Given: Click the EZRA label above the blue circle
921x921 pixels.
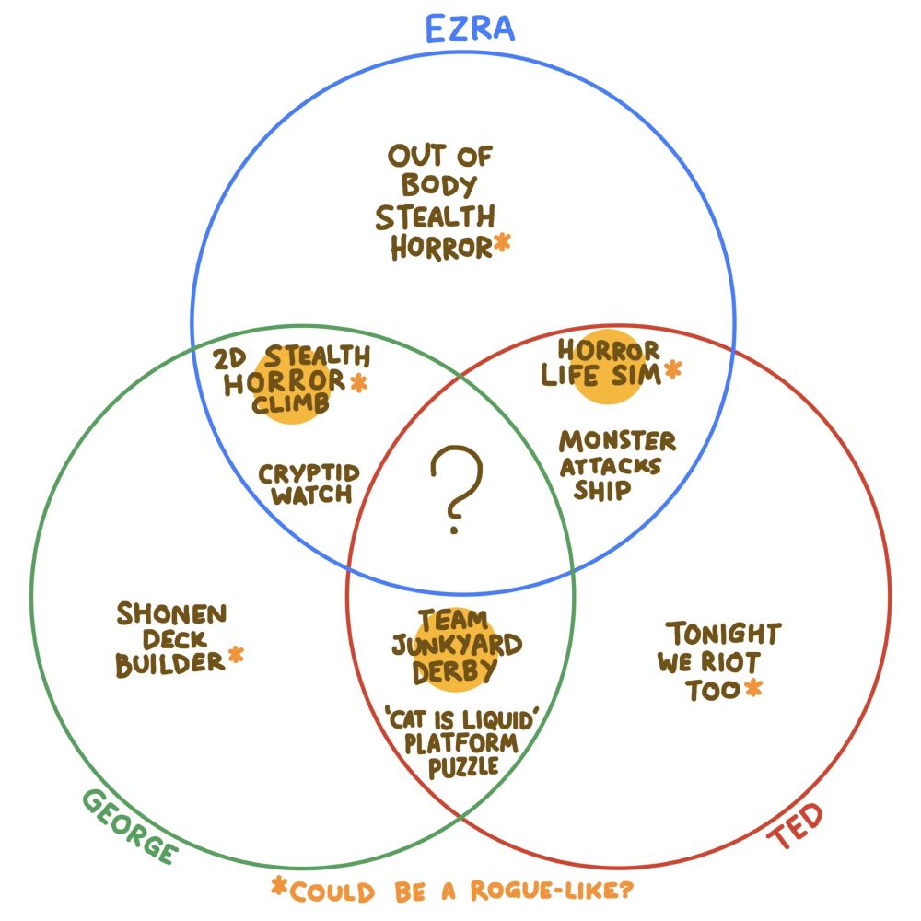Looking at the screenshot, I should pyautogui.click(x=470, y=29).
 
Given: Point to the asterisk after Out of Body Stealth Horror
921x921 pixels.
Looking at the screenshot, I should pyautogui.click(x=502, y=243).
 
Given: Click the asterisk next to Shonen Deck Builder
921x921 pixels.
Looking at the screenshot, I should pyautogui.click(x=236, y=655).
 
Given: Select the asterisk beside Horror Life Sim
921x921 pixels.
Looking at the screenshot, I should pyautogui.click(x=672, y=370).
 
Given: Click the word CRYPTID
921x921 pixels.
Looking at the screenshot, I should pyautogui.click(x=309, y=473).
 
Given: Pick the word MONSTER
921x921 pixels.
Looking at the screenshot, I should pyautogui.click(x=617, y=441).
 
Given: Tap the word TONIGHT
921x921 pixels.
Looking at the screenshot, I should pyautogui.click(x=724, y=635).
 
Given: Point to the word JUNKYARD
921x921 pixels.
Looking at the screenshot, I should pyautogui.click(x=457, y=644).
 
